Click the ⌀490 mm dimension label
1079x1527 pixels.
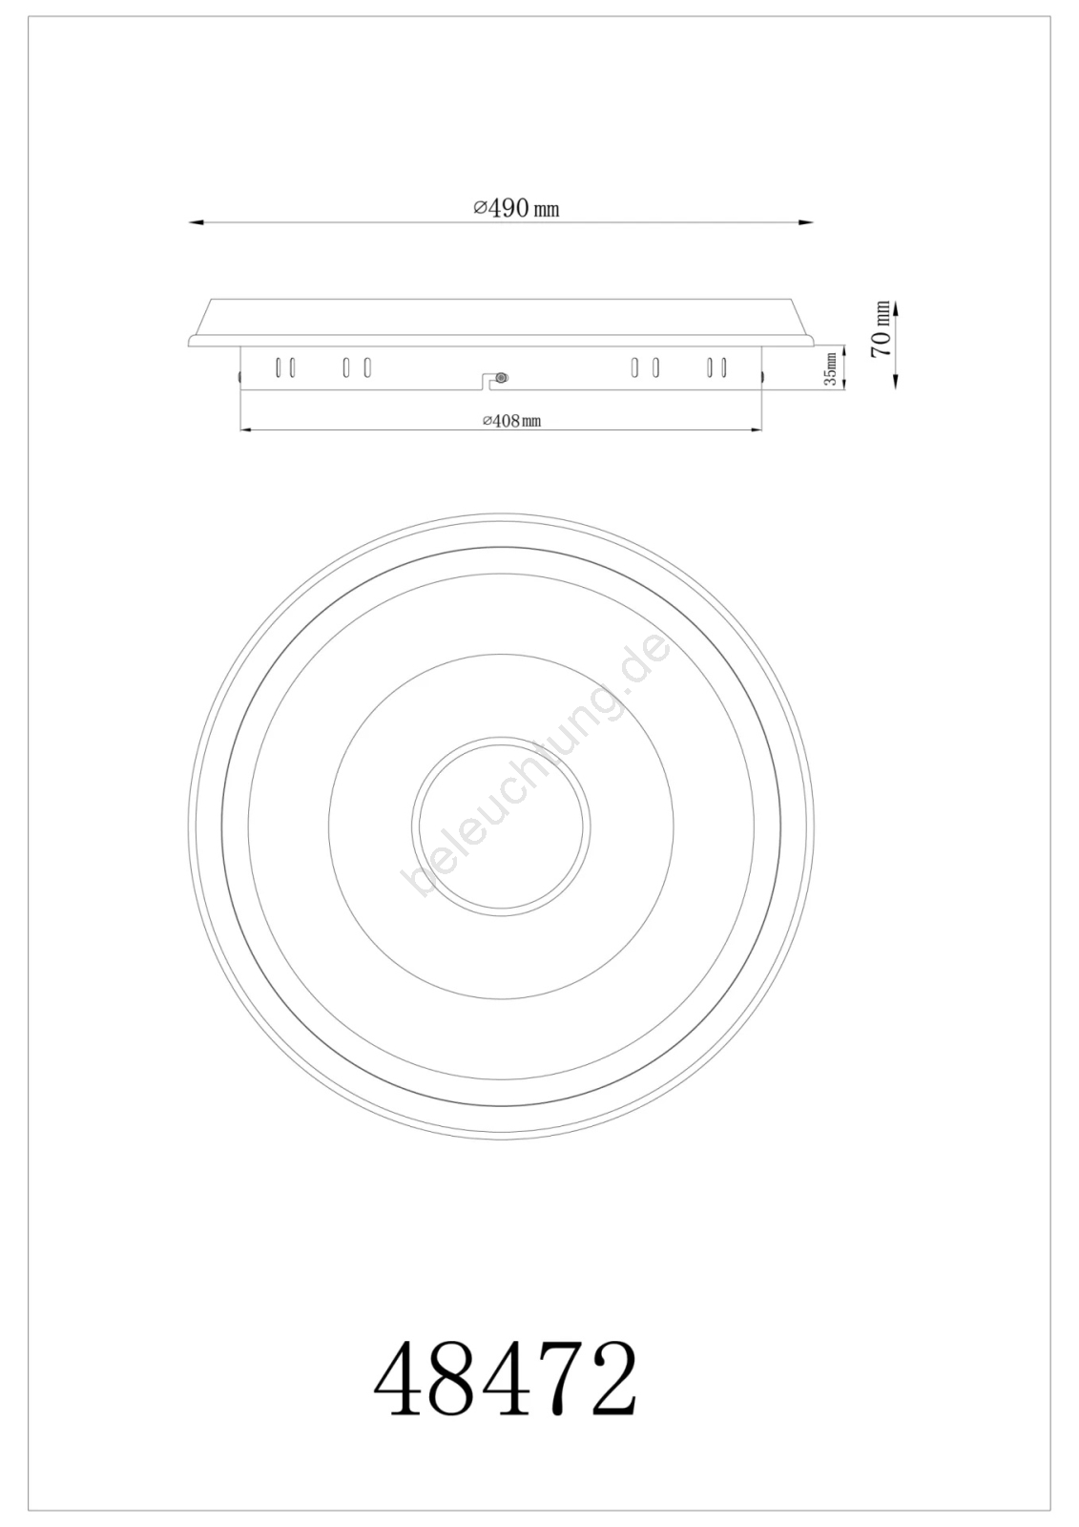[517, 208]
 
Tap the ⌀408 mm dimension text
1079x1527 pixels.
[512, 421]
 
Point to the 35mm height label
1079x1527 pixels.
[831, 368]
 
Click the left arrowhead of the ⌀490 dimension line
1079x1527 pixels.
[197, 222]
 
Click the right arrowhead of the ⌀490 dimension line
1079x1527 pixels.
[805, 222]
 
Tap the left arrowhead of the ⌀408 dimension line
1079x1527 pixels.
[247, 429]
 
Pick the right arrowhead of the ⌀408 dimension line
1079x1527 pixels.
[755, 429]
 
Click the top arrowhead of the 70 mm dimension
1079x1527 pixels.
[897, 307]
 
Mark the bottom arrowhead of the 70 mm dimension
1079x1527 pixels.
[897, 382]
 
